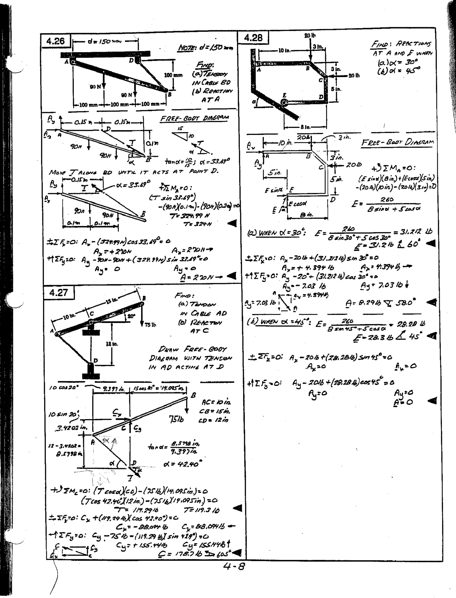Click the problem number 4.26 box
tap(56, 41)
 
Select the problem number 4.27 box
tap(59, 293)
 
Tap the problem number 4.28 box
tap(253, 37)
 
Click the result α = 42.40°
tap(183, 464)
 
